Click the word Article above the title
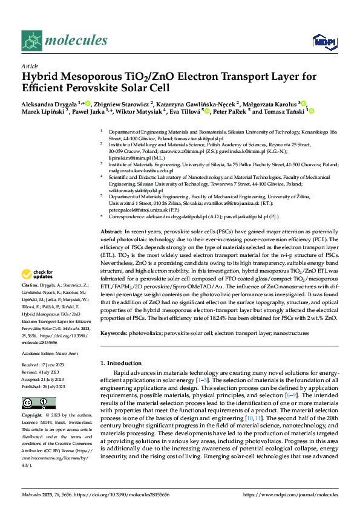(x=29, y=66)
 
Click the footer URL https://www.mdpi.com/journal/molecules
(x=290, y=494)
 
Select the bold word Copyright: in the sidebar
(x=33, y=416)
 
